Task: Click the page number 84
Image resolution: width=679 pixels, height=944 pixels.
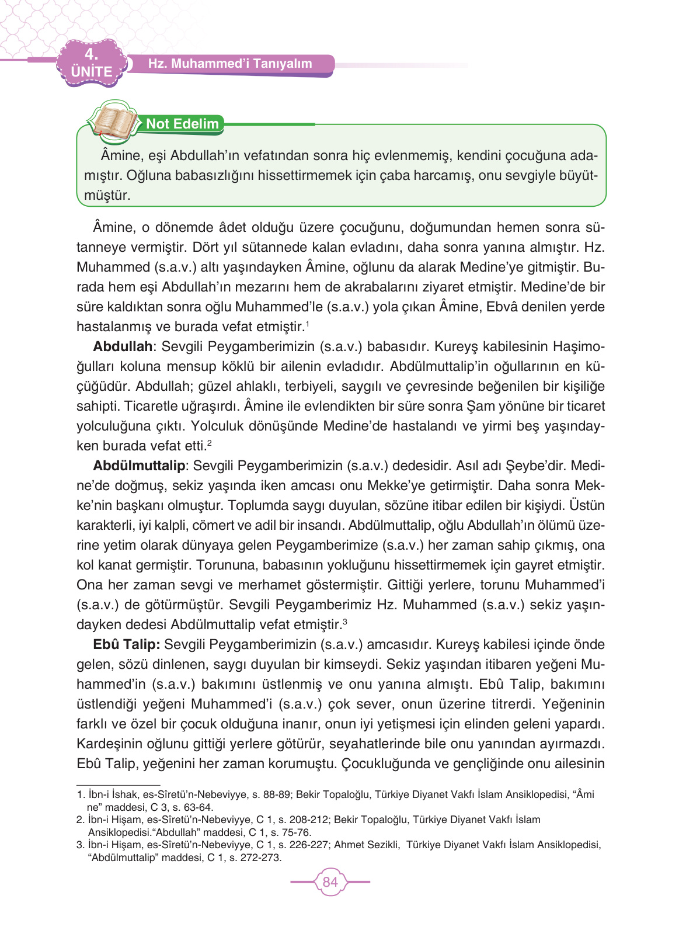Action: (330, 881)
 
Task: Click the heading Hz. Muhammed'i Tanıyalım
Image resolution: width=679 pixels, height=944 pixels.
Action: (230, 64)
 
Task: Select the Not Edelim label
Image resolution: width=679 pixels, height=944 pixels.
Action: (182, 124)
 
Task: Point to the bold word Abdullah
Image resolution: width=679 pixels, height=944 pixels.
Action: (123, 346)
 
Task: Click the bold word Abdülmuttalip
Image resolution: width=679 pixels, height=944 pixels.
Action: (139, 466)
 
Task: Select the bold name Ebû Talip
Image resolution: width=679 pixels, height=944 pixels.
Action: (126, 644)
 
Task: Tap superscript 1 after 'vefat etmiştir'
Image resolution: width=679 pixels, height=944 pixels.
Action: (307, 323)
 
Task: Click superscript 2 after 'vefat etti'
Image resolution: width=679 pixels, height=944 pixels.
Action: (210, 442)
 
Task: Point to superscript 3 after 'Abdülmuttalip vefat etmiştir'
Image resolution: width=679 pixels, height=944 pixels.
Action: (345, 621)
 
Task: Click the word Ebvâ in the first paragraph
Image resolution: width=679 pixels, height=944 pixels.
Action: (504, 307)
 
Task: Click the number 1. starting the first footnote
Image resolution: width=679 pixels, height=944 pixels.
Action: (81, 794)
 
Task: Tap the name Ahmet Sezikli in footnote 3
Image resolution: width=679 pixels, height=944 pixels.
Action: (367, 845)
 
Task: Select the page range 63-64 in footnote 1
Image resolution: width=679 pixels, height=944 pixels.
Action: (197, 807)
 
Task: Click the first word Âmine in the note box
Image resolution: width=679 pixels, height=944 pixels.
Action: (121, 155)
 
